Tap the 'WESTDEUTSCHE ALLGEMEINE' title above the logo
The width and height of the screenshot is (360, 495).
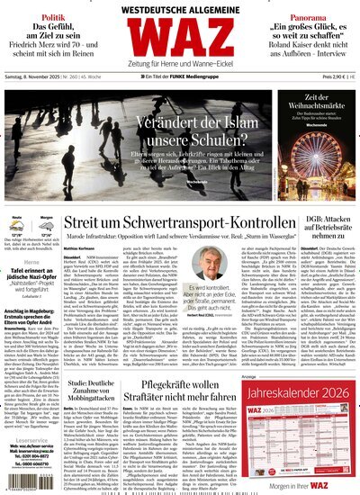point(180,8)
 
